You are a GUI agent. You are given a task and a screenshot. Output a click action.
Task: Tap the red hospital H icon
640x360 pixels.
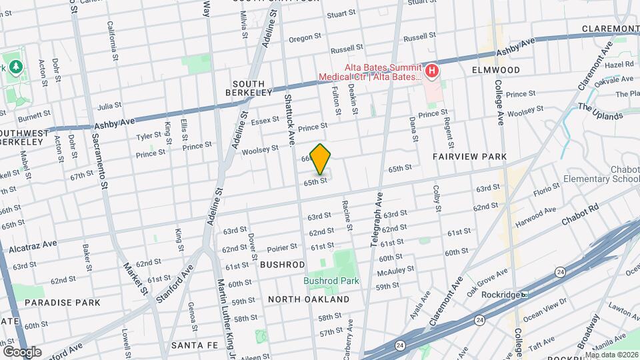pos(432,71)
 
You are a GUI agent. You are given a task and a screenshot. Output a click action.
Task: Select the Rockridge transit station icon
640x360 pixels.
pos(525,294)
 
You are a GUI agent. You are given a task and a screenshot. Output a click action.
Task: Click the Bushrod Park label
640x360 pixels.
pos(331,281)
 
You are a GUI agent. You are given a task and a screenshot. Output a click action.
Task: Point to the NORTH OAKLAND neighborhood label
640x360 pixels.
pos(309,300)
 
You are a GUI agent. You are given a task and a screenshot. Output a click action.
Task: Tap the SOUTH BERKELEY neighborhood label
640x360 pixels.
pos(249,88)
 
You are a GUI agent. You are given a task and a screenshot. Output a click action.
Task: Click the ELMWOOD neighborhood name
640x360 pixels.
pos(495,70)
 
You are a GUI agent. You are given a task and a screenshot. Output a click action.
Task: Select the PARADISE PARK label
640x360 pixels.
pos(63,303)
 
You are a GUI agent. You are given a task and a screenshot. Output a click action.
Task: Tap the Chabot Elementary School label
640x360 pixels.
pos(601,173)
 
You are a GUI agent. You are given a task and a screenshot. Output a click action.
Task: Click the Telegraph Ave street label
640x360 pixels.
pos(378,222)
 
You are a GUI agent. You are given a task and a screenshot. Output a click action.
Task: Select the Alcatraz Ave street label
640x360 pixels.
pos(33,247)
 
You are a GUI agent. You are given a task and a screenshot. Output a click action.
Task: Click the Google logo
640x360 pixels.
pos(22,351)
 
